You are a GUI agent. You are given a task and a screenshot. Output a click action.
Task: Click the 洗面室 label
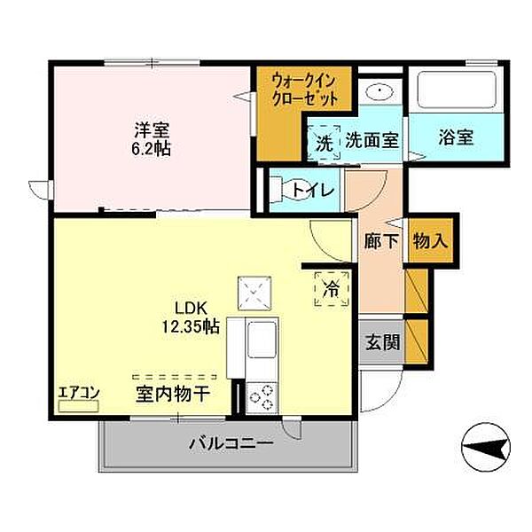(x=372, y=139)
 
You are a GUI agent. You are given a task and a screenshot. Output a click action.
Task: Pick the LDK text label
(x=190, y=309)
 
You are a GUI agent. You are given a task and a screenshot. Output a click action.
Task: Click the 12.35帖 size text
(x=190, y=326)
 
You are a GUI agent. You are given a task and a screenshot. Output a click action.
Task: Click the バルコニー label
(x=230, y=443)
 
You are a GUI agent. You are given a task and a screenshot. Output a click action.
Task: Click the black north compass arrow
(x=486, y=443)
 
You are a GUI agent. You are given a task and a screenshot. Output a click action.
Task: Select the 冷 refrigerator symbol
(x=332, y=287)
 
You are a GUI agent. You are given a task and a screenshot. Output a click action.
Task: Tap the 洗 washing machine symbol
(x=325, y=140)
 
